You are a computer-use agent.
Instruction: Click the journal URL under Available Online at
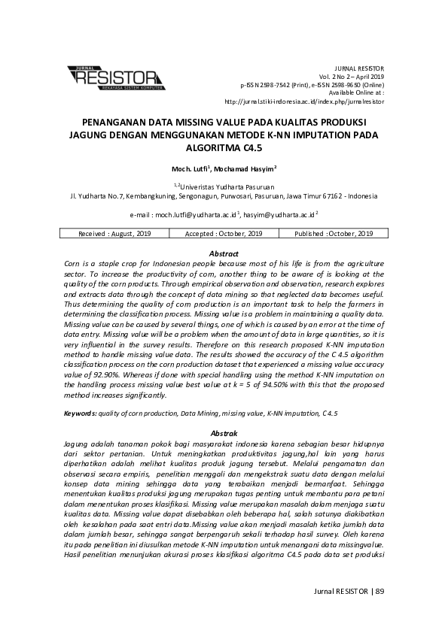coord(304,101)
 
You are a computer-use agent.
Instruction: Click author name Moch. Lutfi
coord(190,169)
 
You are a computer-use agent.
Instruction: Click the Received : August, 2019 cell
coord(114,234)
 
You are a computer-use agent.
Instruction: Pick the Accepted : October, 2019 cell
coord(224,234)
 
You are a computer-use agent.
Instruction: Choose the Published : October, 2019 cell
coord(334,234)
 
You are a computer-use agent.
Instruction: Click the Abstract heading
coord(224,254)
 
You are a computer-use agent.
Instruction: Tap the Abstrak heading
coord(224,434)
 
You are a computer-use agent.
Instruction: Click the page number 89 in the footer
coord(379,592)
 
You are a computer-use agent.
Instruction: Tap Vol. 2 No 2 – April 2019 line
coord(352,77)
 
